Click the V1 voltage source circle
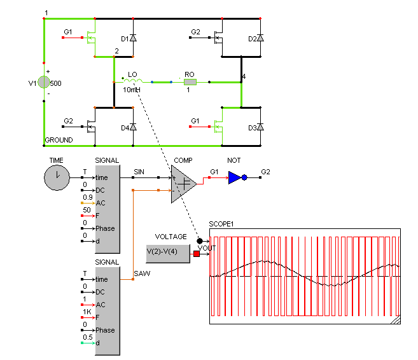[x=44, y=82]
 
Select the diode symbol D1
[x=133, y=38]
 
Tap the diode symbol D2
[x=260, y=38]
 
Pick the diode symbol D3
[x=260, y=127]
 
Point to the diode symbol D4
[x=133, y=127]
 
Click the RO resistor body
[x=190, y=82]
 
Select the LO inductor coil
[x=133, y=81]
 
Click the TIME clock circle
[x=57, y=177]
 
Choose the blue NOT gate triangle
[x=234, y=177]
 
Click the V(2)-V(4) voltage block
[x=168, y=254]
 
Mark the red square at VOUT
[x=197, y=254]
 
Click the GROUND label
[x=59, y=140]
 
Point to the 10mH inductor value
[x=132, y=90]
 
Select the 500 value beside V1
[x=56, y=83]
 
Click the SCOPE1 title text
[x=221, y=224]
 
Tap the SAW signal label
[x=142, y=273]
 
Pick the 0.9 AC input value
[x=88, y=197]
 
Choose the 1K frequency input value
[x=87, y=312]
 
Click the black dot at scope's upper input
[x=199, y=241]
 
